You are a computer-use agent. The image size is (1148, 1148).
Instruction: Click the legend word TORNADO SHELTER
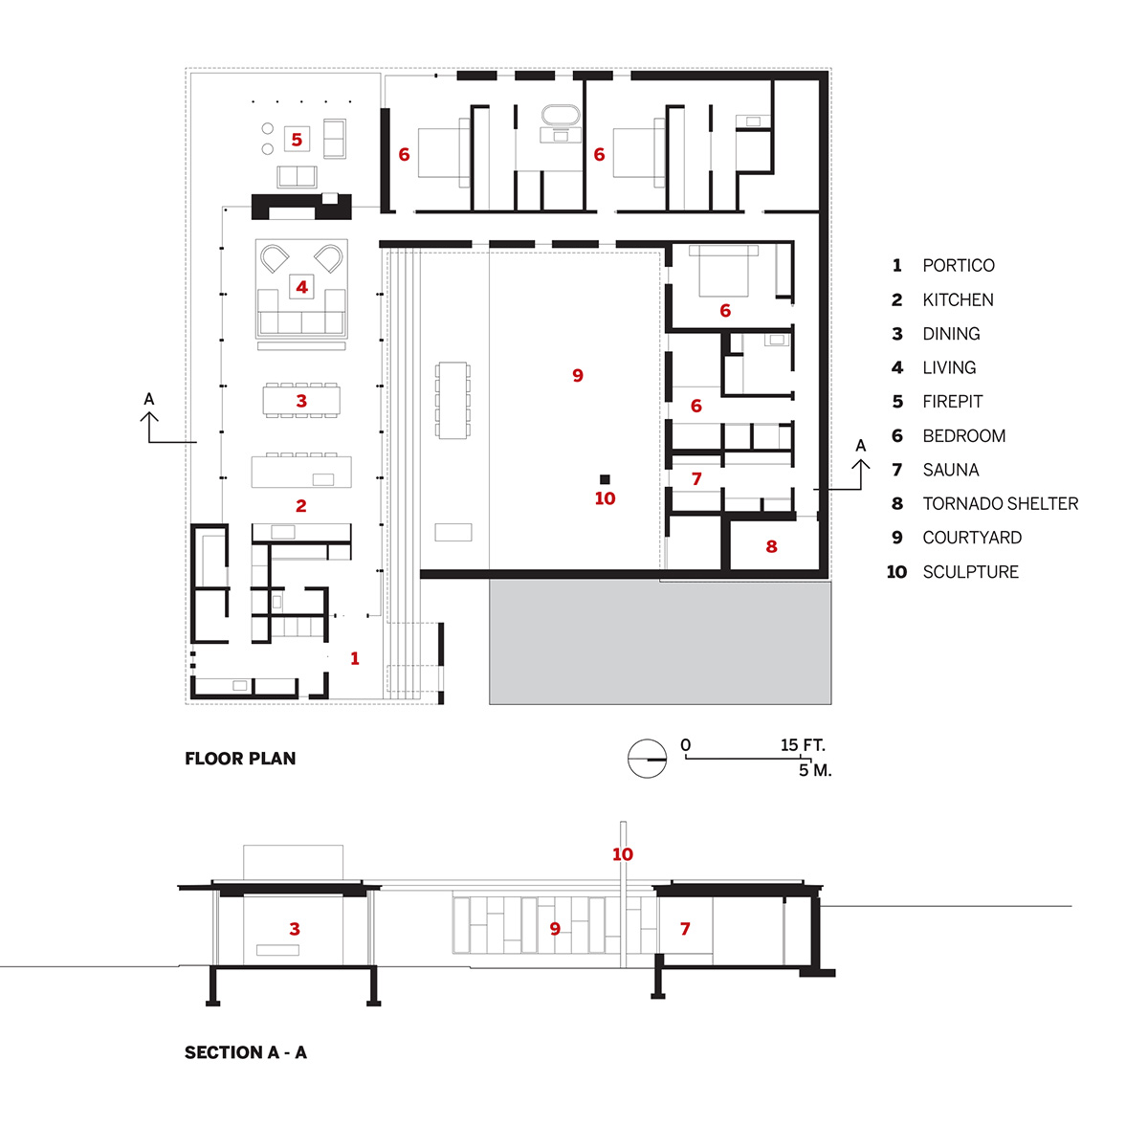click(x=1001, y=504)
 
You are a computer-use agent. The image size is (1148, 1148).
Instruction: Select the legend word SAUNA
click(x=951, y=470)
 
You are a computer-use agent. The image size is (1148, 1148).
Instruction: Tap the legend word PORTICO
click(x=959, y=266)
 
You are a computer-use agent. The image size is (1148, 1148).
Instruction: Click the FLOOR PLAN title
click(x=240, y=759)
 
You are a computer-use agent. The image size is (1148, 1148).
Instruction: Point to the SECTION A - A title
click(x=246, y=1052)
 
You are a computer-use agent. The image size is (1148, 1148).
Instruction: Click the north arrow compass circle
click(x=647, y=759)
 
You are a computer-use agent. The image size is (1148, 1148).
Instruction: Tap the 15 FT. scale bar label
click(x=803, y=745)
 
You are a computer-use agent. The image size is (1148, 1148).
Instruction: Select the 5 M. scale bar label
click(x=815, y=770)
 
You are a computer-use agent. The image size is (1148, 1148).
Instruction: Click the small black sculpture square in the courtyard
click(x=605, y=479)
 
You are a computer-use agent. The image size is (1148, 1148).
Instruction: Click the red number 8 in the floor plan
click(x=771, y=546)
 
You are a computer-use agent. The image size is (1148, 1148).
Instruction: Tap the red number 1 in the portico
click(x=355, y=658)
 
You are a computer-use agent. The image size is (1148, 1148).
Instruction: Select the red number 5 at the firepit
click(x=297, y=140)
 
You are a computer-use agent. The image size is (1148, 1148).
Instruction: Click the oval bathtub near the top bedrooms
click(x=560, y=116)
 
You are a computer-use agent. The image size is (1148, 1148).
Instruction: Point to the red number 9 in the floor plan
click(x=577, y=375)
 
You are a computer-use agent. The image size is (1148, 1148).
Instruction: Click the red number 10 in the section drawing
click(x=623, y=854)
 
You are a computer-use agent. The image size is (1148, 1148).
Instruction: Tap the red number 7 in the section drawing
click(x=685, y=928)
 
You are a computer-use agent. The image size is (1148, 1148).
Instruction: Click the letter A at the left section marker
click(x=149, y=399)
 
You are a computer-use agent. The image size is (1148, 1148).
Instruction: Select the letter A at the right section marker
click(x=860, y=446)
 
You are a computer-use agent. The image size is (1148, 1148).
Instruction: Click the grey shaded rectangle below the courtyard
click(x=660, y=643)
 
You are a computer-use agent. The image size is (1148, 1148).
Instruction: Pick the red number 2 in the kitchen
click(x=300, y=506)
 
